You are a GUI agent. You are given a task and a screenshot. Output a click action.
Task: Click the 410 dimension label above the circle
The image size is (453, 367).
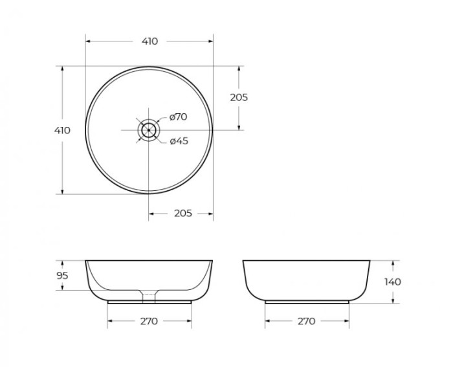point(149,41)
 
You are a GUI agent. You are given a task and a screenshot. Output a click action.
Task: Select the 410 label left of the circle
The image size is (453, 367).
point(62,130)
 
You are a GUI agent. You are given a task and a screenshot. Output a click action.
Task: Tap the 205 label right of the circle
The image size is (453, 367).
point(239,98)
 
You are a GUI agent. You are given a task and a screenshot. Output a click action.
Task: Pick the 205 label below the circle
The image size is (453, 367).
point(183,214)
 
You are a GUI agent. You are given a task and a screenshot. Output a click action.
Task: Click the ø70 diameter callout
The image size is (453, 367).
point(178,117)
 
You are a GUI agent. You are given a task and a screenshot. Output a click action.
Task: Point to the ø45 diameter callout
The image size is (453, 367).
point(179,141)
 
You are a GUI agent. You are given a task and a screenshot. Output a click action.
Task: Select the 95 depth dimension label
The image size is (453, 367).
point(62,275)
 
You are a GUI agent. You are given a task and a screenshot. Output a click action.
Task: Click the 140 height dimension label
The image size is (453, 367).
point(392,282)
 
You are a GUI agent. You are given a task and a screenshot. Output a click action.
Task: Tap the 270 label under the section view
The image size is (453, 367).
point(149,321)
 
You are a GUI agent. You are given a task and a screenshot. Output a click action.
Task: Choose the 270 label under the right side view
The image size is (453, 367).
point(306,321)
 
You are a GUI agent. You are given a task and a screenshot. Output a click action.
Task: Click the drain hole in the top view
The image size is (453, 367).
point(149,130)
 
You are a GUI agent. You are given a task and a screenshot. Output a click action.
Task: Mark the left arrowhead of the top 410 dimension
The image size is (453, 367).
point(88,41)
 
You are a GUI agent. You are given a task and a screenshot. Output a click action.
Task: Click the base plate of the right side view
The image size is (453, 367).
point(306,302)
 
